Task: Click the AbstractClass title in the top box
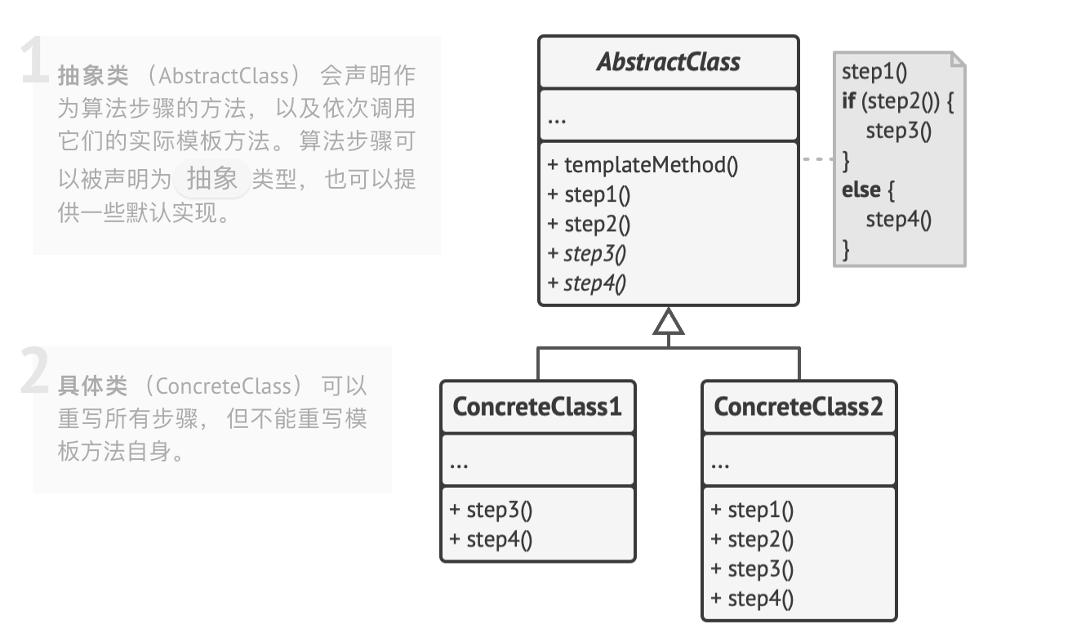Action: click(x=668, y=62)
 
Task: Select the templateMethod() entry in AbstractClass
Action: click(x=643, y=165)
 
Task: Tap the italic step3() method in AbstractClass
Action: click(x=587, y=253)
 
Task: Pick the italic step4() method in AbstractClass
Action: click(x=587, y=283)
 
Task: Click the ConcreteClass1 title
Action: click(x=537, y=406)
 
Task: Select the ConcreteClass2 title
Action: click(x=799, y=406)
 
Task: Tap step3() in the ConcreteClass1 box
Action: click(x=491, y=510)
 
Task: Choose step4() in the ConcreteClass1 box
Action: click(x=491, y=539)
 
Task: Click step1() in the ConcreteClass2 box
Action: click(x=752, y=510)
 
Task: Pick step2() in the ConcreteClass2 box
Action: click(x=752, y=539)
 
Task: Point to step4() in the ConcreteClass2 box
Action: click(x=752, y=598)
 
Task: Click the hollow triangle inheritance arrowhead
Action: click(x=668, y=322)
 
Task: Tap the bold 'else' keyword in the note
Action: click(x=861, y=189)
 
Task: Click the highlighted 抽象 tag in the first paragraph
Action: click(x=211, y=178)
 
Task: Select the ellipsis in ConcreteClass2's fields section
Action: click(x=719, y=463)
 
